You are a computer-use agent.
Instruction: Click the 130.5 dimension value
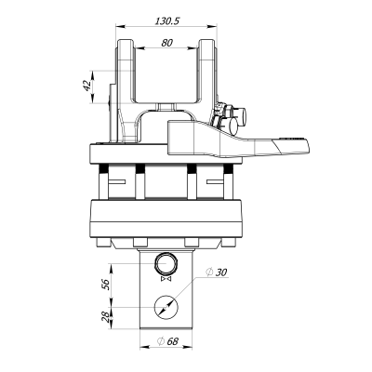click(x=167, y=21)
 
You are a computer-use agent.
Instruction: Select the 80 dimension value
click(x=166, y=43)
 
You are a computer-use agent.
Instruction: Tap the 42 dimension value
click(x=87, y=86)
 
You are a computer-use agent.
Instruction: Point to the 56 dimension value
click(x=106, y=284)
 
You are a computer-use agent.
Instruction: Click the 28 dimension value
click(x=106, y=316)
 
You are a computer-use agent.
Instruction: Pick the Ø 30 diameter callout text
click(x=217, y=272)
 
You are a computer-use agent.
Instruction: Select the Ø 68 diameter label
click(x=168, y=341)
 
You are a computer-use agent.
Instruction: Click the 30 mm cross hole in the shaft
click(x=166, y=307)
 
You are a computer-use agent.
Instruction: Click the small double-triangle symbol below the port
click(x=166, y=280)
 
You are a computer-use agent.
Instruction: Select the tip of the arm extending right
click(x=309, y=146)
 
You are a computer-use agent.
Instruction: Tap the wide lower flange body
click(x=166, y=219)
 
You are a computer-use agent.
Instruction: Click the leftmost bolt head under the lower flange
click(x=102, y=242)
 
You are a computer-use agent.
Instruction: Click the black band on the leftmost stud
click(x=103, y=168)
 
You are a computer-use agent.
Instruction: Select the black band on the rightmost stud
click(x=228, y=168)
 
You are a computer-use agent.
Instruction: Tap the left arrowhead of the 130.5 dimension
click(x=119, y=26)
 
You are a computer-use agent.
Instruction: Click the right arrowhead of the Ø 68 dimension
click(x=189, y=347)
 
